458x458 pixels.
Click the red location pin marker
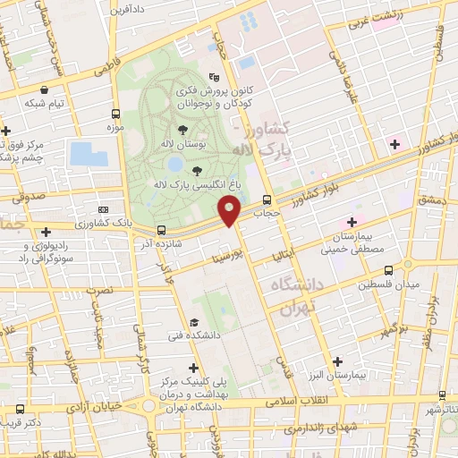(x=230, y=212)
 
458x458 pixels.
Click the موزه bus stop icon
(x=115, y=114)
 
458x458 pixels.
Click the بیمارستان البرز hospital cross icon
(x=337, y=362)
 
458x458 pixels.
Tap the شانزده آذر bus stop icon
(x=161, y=229)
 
